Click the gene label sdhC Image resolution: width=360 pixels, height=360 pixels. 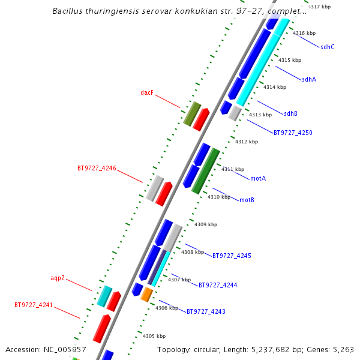click(x=328, y=47)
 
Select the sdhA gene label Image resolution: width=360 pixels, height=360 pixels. click(x=309, y=79)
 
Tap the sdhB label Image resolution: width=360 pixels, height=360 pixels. click(x=290, y=113)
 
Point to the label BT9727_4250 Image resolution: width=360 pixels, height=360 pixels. click(x=293, y=133)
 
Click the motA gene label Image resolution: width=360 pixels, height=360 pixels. click(x=258, y=178)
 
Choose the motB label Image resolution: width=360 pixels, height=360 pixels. click(x=247, y=200)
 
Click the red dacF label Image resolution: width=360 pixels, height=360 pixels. click(x=147, y=93)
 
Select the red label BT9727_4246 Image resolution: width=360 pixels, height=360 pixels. click(x=97, y=168)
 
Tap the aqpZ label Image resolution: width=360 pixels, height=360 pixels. click(x=58, y=278)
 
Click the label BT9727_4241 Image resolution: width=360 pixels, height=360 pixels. click(x=34, y=305)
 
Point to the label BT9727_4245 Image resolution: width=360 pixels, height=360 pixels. click(x=232, y=256)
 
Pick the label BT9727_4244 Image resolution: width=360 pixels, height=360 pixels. click(x=218, y=285)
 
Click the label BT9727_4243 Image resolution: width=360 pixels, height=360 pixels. click(x=206, y=311)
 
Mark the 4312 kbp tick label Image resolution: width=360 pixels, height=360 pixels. click(x=246, y=142)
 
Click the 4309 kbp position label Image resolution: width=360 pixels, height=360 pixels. click(x=205, y=224)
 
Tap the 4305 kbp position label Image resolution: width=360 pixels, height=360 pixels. click(x=154, y=336)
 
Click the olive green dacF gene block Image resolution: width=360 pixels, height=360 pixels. click(x=192, y=114)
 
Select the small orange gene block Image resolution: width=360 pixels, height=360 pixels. click(x=147, y=295)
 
